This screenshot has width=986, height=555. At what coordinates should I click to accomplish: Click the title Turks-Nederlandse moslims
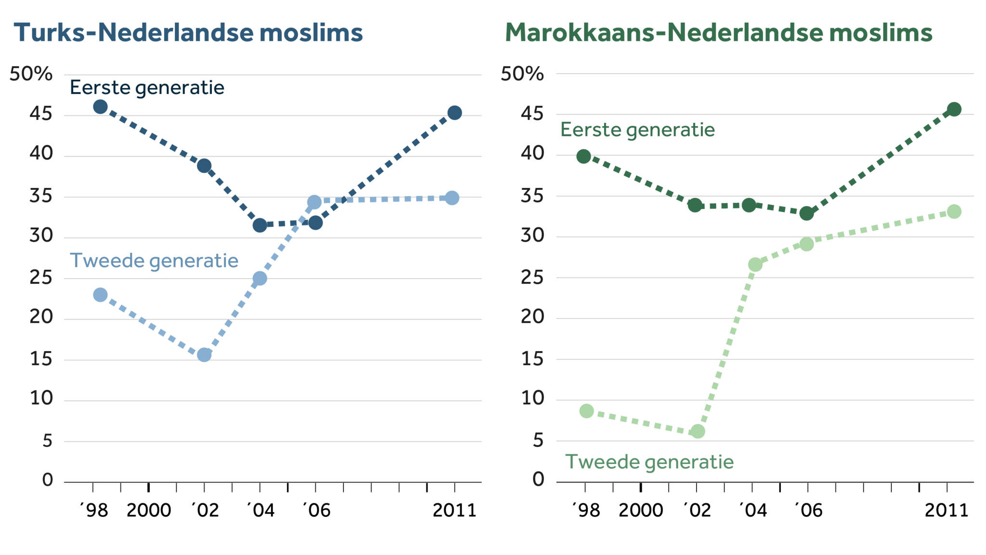pyautogui.click(x=188, y=33)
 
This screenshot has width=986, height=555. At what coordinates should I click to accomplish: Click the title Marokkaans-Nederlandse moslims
pyautogui.click(x=718, y=33)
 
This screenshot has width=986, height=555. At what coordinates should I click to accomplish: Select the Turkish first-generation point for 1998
pyautogui.click(x=100, y=106)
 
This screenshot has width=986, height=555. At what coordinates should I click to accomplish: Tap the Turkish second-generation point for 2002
pyautogui.click(x=204, y=355)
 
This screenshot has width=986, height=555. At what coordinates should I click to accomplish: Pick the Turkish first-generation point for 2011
pyautogui.click(x=454, y=113)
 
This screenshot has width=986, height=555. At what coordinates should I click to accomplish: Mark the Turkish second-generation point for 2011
pyautogui.click(x=452, y=198)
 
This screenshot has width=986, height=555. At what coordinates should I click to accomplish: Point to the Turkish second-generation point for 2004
pyautogui.click(x=259, y=278)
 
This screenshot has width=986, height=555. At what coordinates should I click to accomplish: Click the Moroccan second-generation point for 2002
pyautogui.click(x=698, y=431)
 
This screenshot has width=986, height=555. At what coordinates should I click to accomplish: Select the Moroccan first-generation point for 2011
pyautogui.click(x=954, y=109)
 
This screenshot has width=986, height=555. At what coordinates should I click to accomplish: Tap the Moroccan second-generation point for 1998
pyautogui.click(x=586, y=411)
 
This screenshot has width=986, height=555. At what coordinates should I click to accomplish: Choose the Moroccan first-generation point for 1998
pyautogui.click(x=584, y=156)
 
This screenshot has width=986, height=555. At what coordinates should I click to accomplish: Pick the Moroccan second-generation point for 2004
pyautogui.click(x=755, y=264)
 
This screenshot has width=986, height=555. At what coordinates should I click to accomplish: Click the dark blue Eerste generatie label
pyautogui.click(x=147, y=88)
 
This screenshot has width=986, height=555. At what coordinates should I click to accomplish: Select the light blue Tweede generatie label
pyautogui.click(x=154, y=261)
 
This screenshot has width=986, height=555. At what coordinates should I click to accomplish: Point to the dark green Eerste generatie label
pyautogui.click(x=637, y=130)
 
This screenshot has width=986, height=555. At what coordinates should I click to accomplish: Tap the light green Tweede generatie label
pyautogui.click(x=649, y=462)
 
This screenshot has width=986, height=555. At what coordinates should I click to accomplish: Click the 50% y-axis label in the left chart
pyautogui.click(x=31, y=74)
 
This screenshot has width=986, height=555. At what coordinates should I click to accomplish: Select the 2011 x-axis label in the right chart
pyautogui.click(x=946, y=510)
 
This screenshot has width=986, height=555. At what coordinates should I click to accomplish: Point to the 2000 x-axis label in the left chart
pyautogui.click(x=149, y=510)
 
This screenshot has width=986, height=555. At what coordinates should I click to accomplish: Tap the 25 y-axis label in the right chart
pyautogui.click(x=532, y=277)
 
